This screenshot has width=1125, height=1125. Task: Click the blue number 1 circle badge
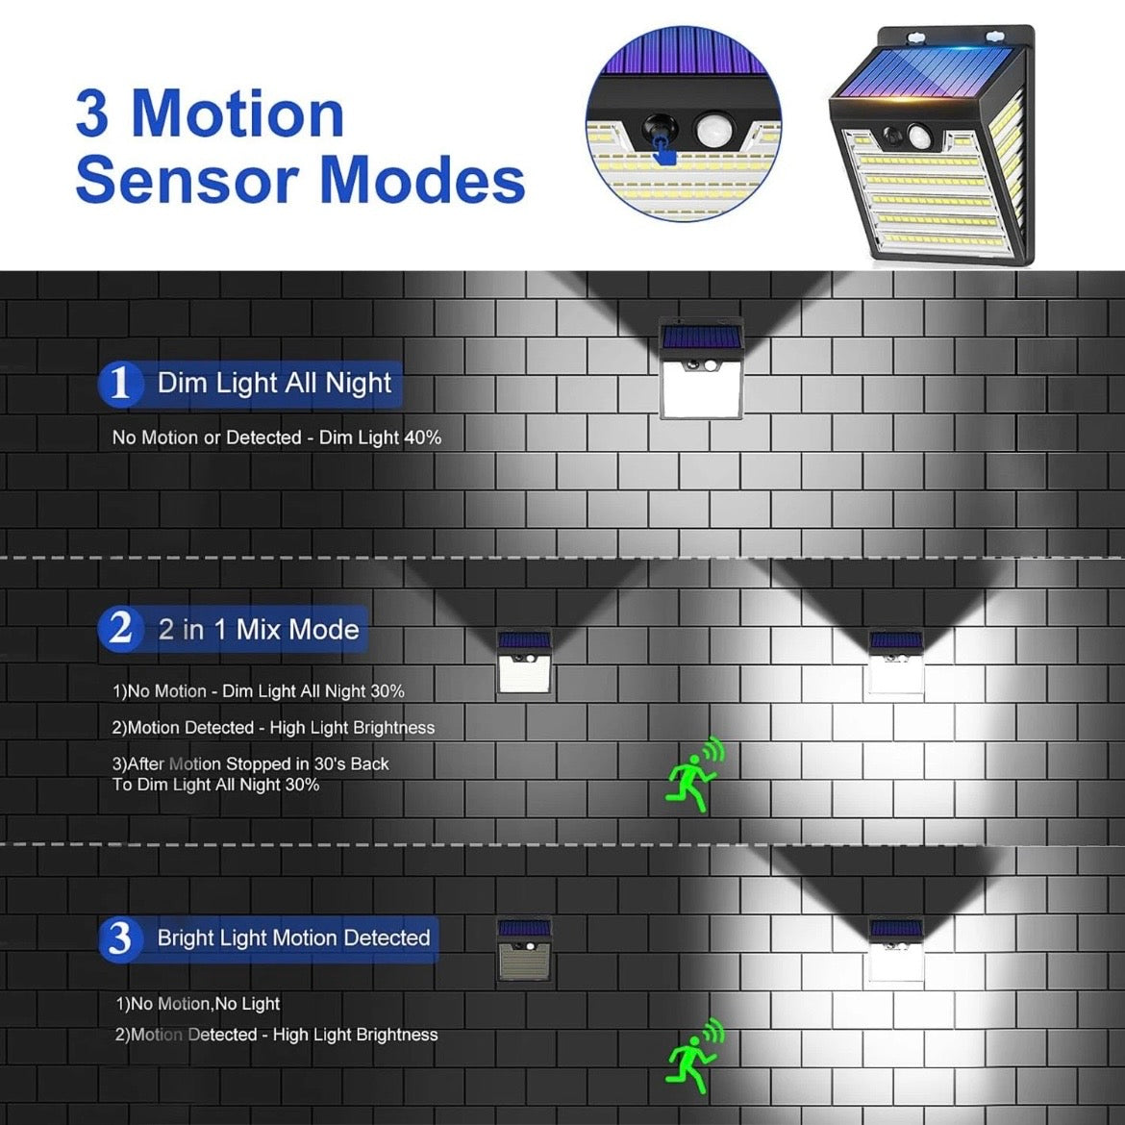[120, 384]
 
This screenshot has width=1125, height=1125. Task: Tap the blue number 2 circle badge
[120, 629]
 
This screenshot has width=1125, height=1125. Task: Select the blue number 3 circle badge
[120, 938]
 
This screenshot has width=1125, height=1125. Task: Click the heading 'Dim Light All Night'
[274, 384]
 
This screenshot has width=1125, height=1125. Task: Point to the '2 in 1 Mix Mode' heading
[259, 629]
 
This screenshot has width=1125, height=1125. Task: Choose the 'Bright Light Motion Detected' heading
[293, 937]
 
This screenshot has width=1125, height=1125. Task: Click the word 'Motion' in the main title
[237, 113]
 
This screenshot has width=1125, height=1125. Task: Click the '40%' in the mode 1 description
[422, 437]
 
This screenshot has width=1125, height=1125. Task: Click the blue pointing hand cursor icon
[665, 151]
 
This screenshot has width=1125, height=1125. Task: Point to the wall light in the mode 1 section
[701, 368]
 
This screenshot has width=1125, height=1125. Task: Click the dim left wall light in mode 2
[524, 662]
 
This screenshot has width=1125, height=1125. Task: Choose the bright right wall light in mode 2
[896, 662]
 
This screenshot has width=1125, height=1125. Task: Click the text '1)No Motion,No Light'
[197, 1003]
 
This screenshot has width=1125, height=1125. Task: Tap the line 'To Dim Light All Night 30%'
[215, 785]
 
